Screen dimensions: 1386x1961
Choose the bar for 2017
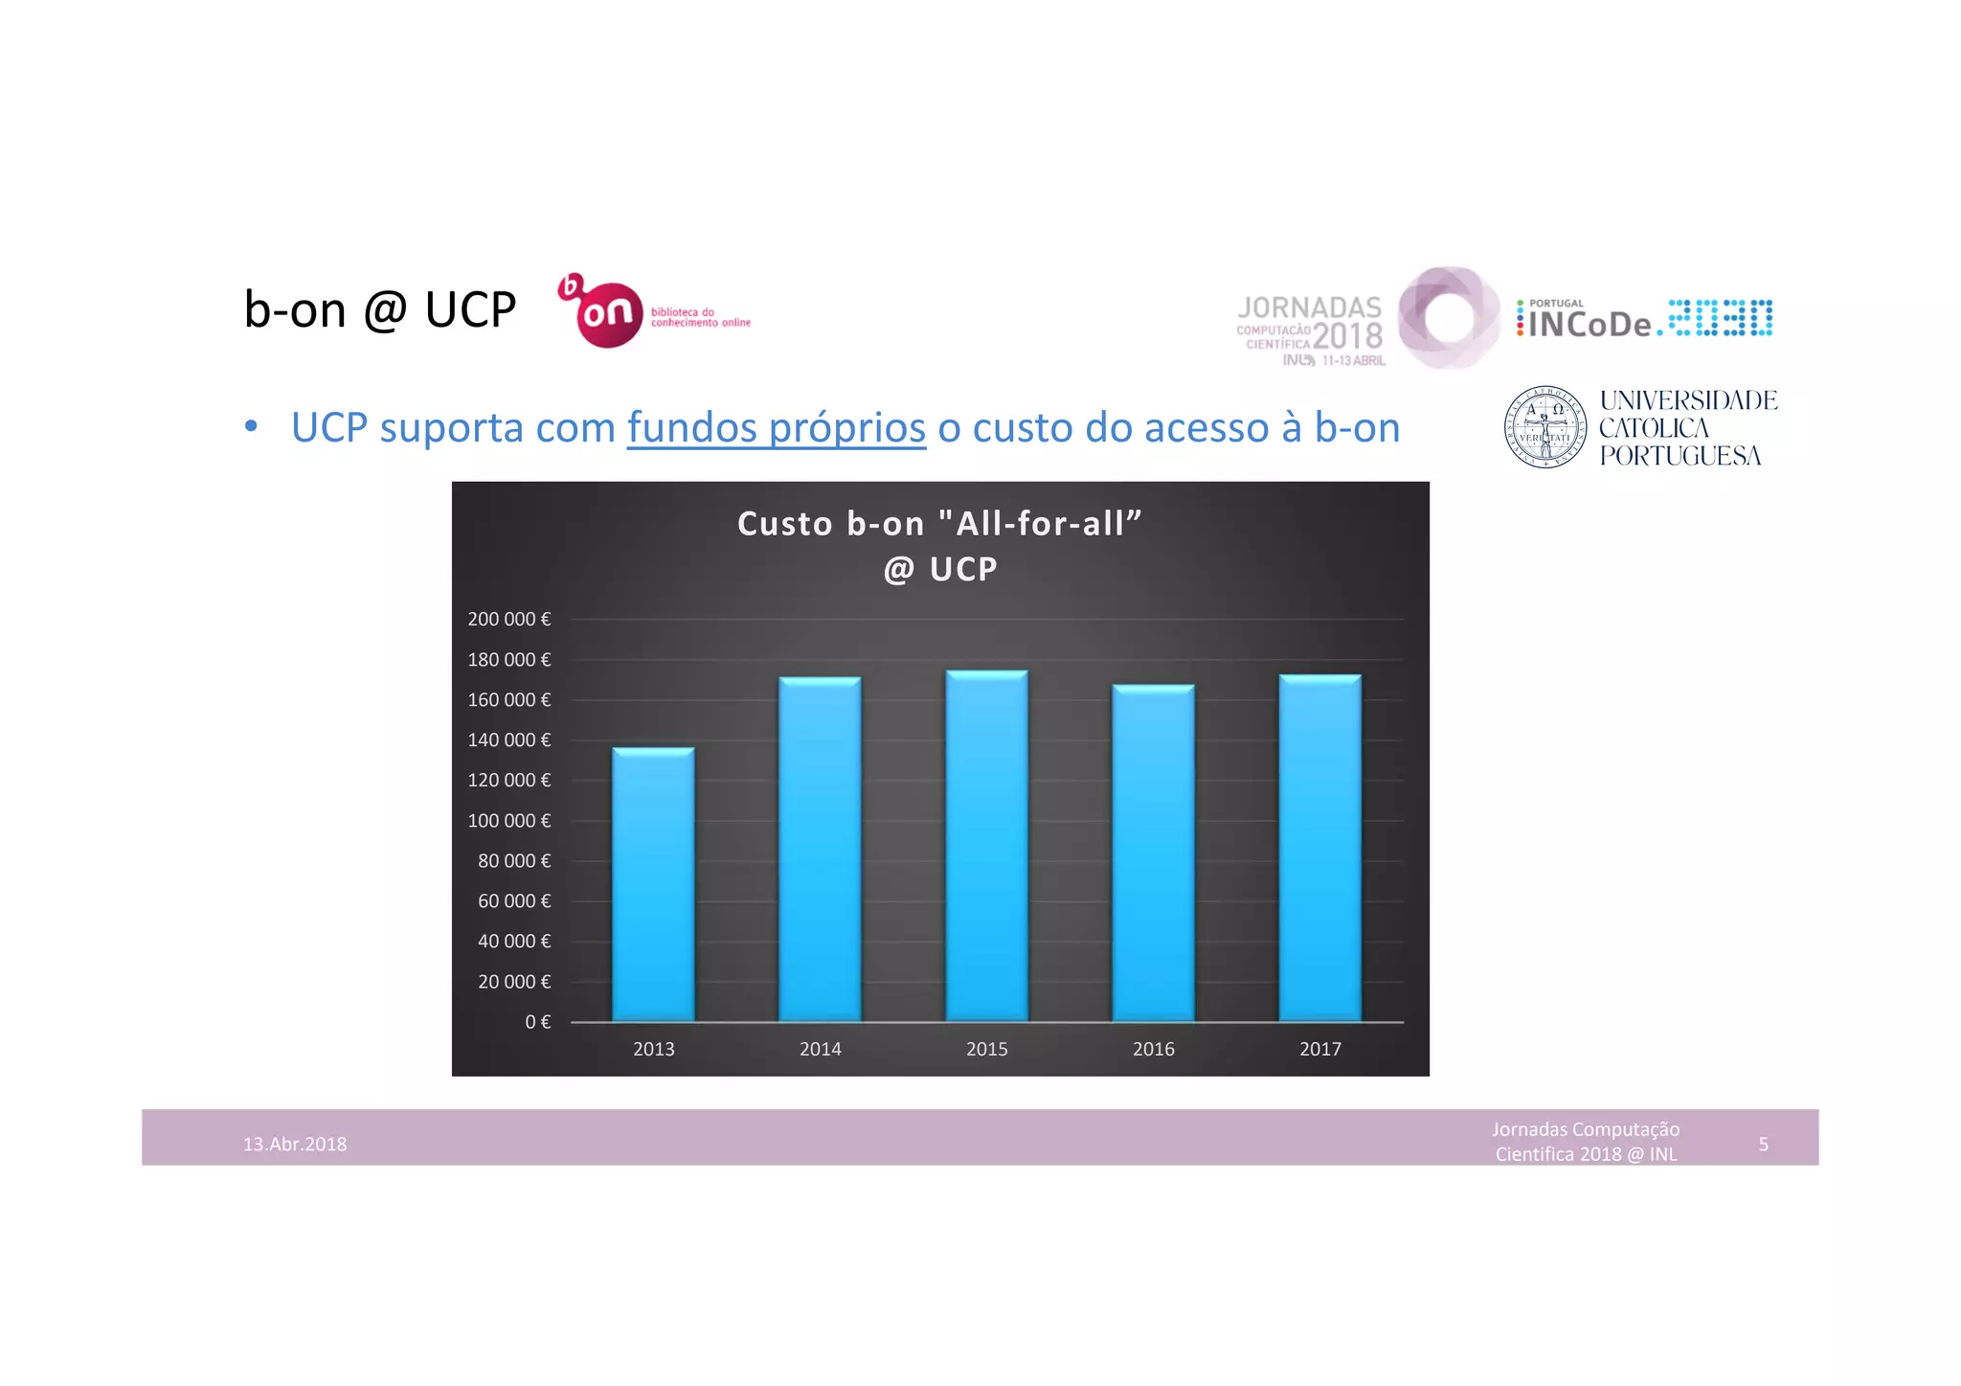[x=1319, y=848]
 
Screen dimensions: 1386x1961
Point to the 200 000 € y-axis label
[x=508, y=619]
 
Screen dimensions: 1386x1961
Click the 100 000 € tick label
[x=508, y=821]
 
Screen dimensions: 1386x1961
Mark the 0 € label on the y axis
[x=537, y=1022]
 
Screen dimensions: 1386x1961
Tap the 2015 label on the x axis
[x=986, y=1049]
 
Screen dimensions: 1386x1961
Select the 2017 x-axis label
[x=1319, y=1049]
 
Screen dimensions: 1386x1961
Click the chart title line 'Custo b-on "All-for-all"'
[x=939, y=524]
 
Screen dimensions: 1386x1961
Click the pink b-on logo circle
[x=608, y=314]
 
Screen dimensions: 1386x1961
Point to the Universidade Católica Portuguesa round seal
[x=1544, y=427]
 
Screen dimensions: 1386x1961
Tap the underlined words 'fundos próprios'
[x=777, y=427]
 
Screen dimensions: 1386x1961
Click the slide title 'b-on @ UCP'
[x=380, y=309]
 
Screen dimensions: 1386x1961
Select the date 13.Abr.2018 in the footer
[x=295, y=1144]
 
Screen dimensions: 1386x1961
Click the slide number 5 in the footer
[x=1763, y=1144]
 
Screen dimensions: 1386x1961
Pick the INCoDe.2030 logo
[x=1644, y=320]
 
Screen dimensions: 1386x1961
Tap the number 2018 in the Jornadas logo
[x=1347, y=335]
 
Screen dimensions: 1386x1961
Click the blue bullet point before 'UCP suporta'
[x=251, y=426]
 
